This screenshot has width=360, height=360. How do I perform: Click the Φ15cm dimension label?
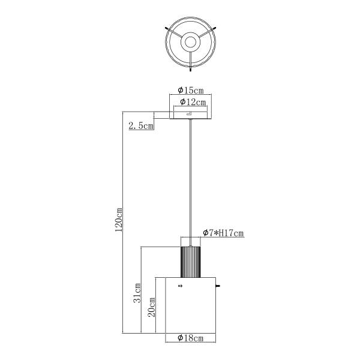(191, 90)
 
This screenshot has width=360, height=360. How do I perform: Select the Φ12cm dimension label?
(193, 102)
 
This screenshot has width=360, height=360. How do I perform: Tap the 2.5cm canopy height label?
(141, 125)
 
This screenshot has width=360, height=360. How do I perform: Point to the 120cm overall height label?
(119, 220)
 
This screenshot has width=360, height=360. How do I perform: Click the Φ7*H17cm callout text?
(223, 233)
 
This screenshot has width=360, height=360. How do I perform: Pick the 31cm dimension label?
(137, 293)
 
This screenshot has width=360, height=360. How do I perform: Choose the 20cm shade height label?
(151, 307)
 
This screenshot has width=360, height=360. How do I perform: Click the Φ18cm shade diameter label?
(191, 338)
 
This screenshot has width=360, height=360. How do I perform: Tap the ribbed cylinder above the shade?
(191, 262)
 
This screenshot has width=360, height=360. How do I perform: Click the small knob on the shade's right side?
(218, 286)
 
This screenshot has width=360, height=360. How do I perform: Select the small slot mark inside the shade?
(180, 286)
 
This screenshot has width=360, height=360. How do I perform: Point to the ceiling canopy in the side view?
(191, 115)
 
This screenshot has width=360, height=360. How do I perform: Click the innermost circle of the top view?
(191, 42)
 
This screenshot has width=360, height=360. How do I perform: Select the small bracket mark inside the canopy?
(189, 113)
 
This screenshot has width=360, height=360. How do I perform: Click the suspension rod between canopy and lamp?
(190, 183)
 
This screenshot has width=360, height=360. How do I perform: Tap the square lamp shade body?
(191, 305)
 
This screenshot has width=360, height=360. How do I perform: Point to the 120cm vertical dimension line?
(122, 222)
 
